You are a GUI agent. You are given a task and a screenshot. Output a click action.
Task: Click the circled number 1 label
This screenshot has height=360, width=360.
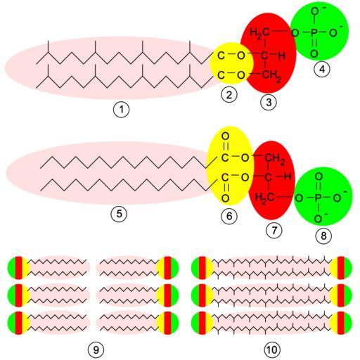[x=121, y=110]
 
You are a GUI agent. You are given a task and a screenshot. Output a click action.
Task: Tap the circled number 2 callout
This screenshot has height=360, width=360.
[x=229, y=95]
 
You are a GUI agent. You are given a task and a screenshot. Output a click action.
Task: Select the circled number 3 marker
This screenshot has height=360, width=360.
[x=269, y=102]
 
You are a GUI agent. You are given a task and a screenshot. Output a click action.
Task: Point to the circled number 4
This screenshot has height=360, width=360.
[x=322, y=69]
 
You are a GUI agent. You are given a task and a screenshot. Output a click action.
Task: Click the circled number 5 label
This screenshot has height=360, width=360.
[x=119, y=214]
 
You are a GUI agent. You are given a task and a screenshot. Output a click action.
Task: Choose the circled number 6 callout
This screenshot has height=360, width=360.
[x=229, y=216]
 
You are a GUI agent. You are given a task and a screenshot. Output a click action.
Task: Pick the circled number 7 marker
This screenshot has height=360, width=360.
[x=274, y=230]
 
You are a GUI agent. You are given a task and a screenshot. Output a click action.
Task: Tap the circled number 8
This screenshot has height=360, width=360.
[x=323, y=236]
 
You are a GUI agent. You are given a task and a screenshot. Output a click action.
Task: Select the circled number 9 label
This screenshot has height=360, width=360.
[x=96, y=350]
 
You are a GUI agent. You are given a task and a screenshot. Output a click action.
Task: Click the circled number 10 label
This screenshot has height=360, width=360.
[x=272, y=350]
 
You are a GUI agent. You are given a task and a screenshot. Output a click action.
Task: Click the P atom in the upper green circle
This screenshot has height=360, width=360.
[x=314, y=33]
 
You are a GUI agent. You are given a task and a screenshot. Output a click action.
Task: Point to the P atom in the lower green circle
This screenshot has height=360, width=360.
[x=318, y=198]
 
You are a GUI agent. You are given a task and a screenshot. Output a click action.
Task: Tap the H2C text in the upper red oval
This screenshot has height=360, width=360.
[x=259, y=32]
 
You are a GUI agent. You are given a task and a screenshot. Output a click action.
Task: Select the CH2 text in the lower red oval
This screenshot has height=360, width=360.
[x=274, y=158]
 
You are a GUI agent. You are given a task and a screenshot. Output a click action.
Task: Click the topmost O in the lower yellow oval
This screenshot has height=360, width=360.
[x=225, y=136]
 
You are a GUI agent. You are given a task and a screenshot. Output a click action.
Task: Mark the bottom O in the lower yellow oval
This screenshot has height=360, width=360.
[x=225, y=198]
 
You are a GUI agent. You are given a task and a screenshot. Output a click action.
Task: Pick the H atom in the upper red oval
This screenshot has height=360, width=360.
[x=281, y=56]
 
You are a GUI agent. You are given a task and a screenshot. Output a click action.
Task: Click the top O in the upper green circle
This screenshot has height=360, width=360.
[x=314, y=11]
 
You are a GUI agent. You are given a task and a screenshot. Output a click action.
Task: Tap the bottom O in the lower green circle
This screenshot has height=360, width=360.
[x=318, y=219]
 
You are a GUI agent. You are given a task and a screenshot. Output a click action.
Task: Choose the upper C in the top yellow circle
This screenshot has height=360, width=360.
[x=221, y=56]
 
